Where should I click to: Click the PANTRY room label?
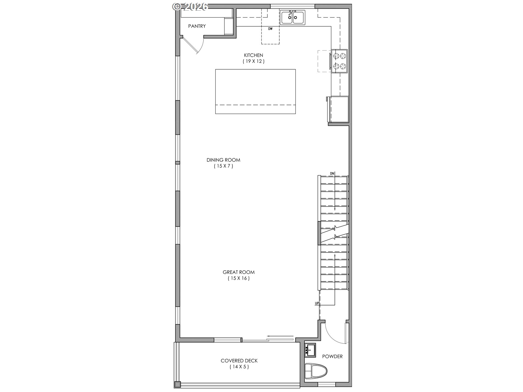tap(197, 26)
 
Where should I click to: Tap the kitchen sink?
tap(293, 18)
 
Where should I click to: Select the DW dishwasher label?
tap(270, 29)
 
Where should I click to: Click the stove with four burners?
tap(339, 61)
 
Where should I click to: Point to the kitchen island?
tap(256, 91)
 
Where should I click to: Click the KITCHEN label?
tap(254, 55)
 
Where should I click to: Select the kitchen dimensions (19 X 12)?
tap(254, 61)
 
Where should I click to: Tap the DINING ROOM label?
tap(223, 160)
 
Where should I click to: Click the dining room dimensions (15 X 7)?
tap(223, 166)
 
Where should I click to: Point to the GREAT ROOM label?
tap(239, 272)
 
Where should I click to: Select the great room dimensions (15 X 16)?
tap(239, 278)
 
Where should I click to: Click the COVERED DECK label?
tap(239, 361)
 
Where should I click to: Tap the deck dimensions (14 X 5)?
tap(239, 367)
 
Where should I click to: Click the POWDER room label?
tap(332, 356)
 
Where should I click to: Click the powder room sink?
tap(310, 350)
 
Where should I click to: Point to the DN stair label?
tap(332, 173)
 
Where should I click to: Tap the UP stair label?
tap(317, 303)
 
